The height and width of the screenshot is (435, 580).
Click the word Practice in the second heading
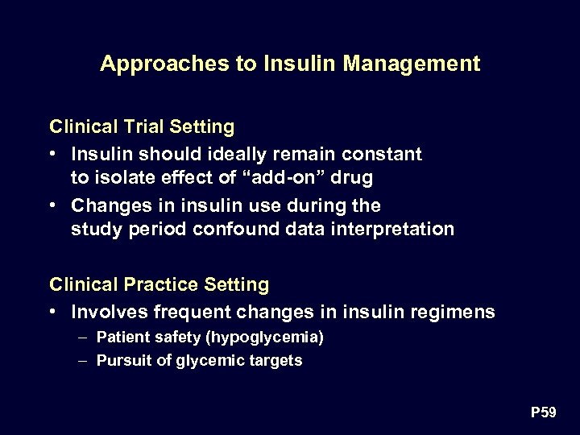[159, 284]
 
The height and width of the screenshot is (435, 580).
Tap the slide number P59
[543, 412]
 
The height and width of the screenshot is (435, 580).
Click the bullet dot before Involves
[52, 311]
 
